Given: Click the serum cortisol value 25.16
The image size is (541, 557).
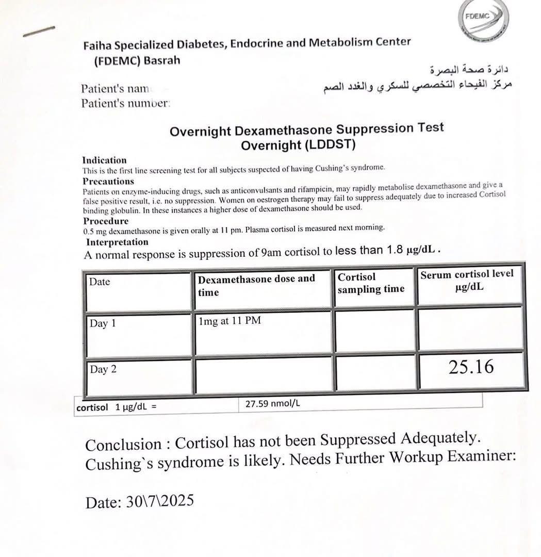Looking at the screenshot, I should tap(471, 367).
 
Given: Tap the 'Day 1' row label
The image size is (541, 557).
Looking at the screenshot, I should tap(99, 324).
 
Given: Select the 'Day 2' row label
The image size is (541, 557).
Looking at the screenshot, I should tap(99, 369).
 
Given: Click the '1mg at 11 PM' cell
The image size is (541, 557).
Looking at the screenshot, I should tap(229, 321).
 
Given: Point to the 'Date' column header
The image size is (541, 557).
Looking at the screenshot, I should tap(100, 282).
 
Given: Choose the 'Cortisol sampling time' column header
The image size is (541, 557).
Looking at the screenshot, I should tap(371, 283).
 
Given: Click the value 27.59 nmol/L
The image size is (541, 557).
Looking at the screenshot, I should tap(272, 404).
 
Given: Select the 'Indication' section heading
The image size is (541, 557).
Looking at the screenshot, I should tap(104, 160).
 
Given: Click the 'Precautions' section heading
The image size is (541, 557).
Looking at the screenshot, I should tap(108, 181).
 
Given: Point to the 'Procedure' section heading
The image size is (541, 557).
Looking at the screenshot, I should tap(106, 221).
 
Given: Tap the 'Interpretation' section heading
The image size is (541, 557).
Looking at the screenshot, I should tap(117, 242).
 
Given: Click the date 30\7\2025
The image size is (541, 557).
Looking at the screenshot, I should tap(159, 501).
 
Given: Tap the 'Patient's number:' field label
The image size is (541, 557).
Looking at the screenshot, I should tap(125, 103).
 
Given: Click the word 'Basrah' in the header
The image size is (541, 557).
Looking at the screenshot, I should tap(162, 60).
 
